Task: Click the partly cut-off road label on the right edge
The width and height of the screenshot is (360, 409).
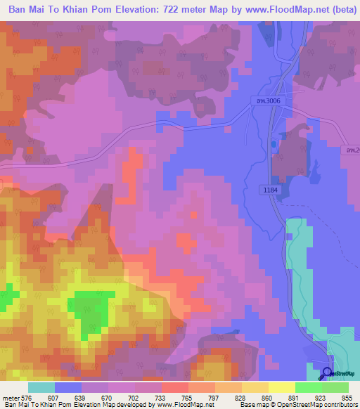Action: (x=352, y=150)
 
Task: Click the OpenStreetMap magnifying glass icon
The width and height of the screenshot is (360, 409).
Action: (x=326, y=372)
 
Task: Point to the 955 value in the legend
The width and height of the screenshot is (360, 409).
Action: (x=347, y=397)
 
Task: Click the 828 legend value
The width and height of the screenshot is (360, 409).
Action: (x=240, y=397)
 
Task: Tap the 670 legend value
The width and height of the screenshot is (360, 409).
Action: (x=107, y=397)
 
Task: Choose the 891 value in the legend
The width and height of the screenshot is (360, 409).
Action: (x=294, y=397)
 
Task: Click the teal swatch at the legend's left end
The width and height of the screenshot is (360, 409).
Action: (x=41, y=387)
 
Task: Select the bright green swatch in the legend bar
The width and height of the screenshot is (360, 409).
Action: (x=309, y=387)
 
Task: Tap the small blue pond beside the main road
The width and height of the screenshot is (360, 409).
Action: (x=273, y=145)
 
